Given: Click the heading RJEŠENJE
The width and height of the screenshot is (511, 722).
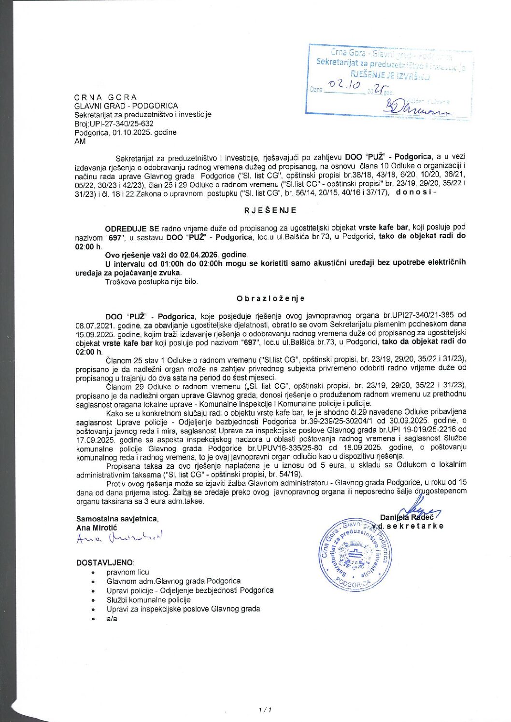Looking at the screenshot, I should point(270,210).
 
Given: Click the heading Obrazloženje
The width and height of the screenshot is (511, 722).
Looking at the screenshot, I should point(270,299).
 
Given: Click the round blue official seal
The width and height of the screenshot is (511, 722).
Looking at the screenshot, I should point(355,555).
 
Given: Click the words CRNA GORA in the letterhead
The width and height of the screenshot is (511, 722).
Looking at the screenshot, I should point(106,97).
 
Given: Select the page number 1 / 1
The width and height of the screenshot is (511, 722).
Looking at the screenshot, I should point(265,709).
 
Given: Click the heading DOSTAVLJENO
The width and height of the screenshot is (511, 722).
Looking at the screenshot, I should point(105,562).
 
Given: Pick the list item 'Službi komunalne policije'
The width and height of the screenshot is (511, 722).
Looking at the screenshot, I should point(148,599).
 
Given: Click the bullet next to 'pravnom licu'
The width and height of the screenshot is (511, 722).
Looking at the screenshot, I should point(93,572).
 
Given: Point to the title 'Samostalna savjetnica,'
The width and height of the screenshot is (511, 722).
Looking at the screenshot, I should point(117,518).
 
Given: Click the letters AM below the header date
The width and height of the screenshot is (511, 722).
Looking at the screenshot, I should point(80,141).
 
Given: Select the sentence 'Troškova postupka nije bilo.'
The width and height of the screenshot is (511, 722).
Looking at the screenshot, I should point(151,281).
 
